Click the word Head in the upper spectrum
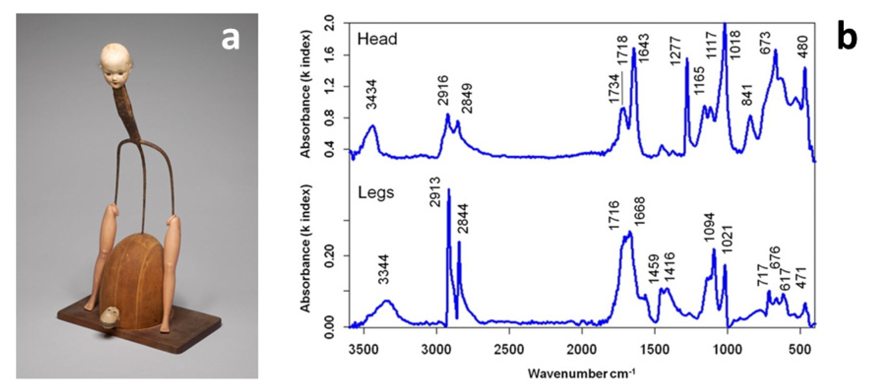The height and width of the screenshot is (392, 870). (x=377, y=39)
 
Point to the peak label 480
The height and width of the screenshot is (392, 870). (x=804, y=47)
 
